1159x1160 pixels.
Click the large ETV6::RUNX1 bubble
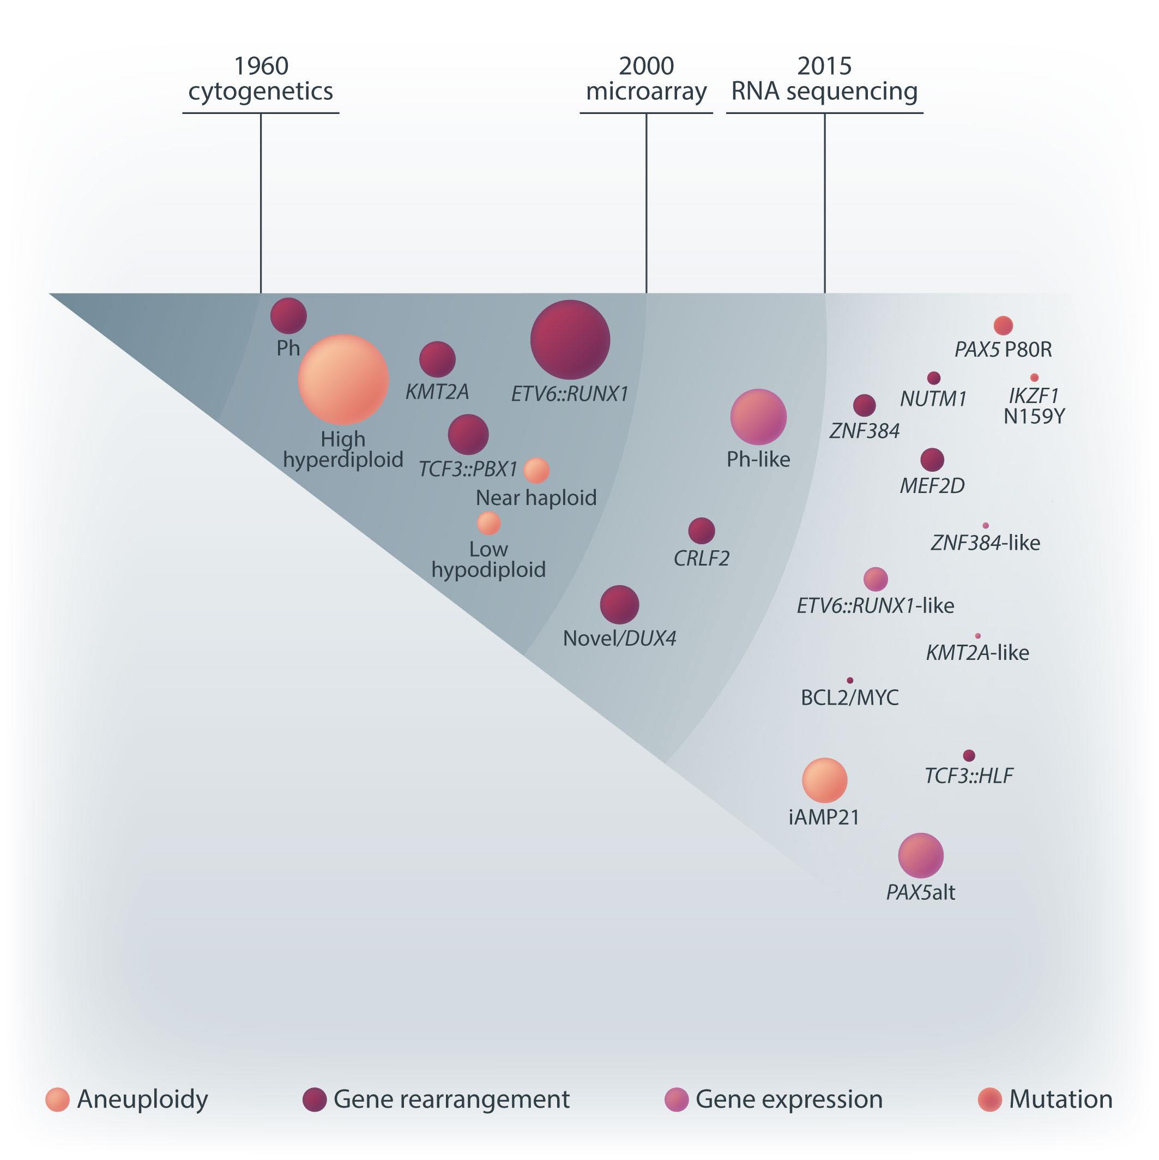[x=570, y=340]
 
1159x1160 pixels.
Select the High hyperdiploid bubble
[x=343, y=380]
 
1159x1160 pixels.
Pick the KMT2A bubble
[x=437, y=359]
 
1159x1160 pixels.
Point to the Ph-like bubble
[x=758, y=417]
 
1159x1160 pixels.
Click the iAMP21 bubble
[x=824, y=780]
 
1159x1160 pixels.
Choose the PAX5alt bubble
[x=920, y=855]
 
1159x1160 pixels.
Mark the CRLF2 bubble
[x=701, y=531]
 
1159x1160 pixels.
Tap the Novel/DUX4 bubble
[x=619, y=605]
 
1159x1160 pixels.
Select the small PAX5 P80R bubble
[x=1003, y=326]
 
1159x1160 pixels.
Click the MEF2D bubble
[x=932, y=460]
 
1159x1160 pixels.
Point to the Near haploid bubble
[x=536, y=470]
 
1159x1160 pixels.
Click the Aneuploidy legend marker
[x=58, y=1099]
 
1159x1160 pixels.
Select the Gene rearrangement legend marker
[x=314, y=1099]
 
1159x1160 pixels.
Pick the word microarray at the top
[x=646, y=91]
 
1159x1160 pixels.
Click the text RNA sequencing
[x=824, y=91]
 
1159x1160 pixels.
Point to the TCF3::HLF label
[x=968, y=776]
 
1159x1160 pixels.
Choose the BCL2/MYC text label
[x=850, y=698]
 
